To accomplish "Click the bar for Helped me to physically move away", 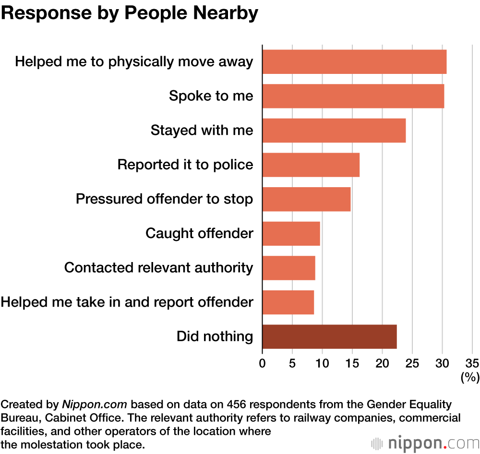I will pos(354,62).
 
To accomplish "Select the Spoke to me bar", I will pos(353,96).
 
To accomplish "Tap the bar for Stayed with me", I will pos(334,131).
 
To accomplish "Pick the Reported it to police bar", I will pos(311,165).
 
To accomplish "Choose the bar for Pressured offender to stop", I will pos(306,199).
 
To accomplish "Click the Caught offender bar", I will pos(291,234).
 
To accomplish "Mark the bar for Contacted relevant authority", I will pos(288,268).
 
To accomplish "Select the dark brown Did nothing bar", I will pos(329,336).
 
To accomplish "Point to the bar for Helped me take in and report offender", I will pos(288,302).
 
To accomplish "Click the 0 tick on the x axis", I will pos(262,363).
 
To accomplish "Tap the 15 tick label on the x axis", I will pos(352,363).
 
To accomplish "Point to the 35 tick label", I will pos(472,363).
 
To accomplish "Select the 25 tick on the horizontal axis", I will pos(412,363).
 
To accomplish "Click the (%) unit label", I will pos(470,378).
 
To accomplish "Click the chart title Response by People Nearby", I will pos(130,13).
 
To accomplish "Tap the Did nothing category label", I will pos(215,336).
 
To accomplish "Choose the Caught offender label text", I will pos(199,234).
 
